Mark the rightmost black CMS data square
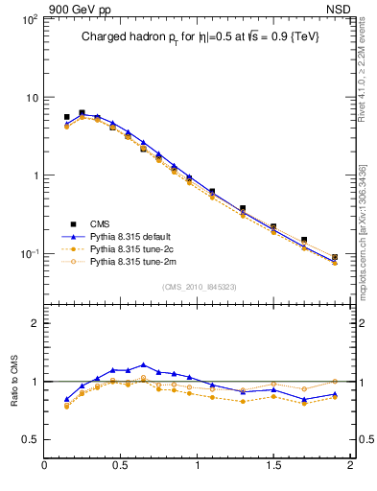[x=335, y=257]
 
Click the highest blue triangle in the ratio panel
[x=143, y=364]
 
